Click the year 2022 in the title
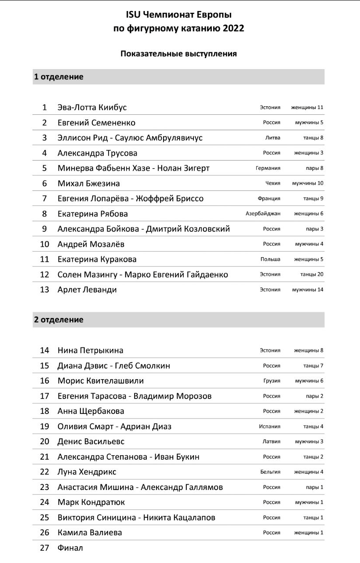(x=232, y=29)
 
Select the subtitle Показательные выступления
(x=179, y=54)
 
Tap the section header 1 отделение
(x=58, y=77)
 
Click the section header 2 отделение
(x=58, y=319)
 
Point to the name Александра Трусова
(x=97, y=153)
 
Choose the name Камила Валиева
(x=90, y=532)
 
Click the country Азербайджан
(x=263, y=214)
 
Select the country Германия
(x=268, y=168)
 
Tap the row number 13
(x=44, y=289)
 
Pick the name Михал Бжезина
(x=88, y=183)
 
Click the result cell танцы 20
(x=312, y=274)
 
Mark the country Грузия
(x=272, y=381)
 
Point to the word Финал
(x=70, y=548)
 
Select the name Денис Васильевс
(x=91, y=441)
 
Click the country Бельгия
(x=270, y=472)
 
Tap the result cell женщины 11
(x=307, y=107)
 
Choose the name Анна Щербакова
(x=91, y=411)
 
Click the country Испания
(x=269, y=426)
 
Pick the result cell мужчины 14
(x=308, y=289)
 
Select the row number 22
(x=44, y=472)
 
